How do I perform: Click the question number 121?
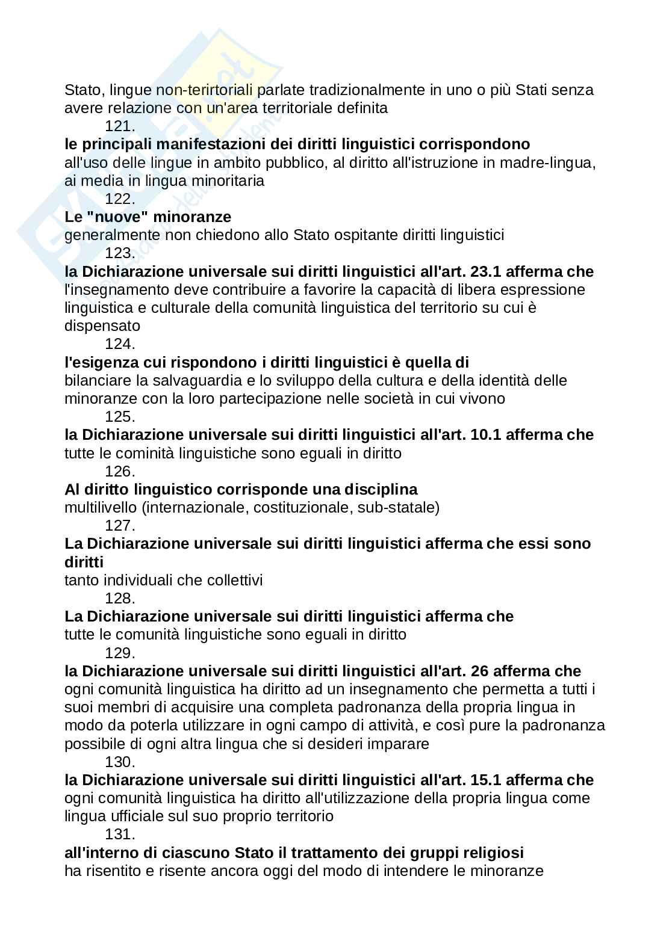(x=120, y=126)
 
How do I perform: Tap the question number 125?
(x=120, y=417)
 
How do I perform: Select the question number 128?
(x=120, y=599)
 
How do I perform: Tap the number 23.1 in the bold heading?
(x=485, y=272)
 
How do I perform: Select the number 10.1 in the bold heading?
(x=485, y=435)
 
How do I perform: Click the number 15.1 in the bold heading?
(x=485, y=780)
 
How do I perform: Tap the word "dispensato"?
(x=102, y=326)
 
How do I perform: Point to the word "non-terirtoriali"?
(x=205, y=90)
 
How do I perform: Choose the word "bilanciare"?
(x=98, y=381)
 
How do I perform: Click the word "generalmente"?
(x=113, y=235)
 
